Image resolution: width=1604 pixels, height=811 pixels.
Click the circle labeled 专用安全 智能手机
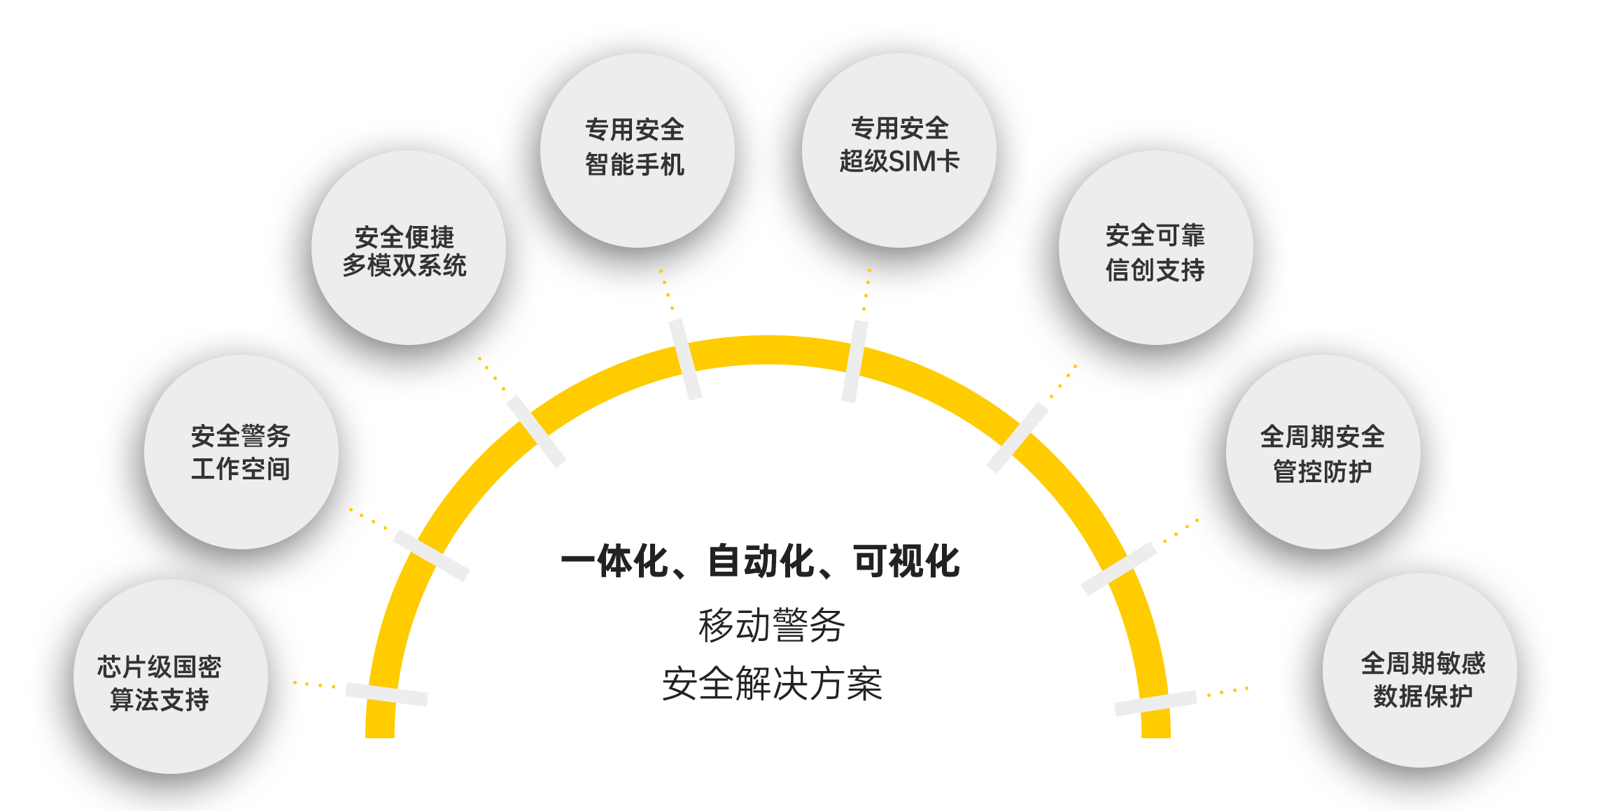point(637,150)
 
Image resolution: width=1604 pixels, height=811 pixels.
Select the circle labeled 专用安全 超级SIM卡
point(899,150)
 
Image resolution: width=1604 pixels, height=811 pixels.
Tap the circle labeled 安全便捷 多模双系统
point(408,247)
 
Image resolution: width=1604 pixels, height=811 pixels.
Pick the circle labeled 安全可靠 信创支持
point(1155,247)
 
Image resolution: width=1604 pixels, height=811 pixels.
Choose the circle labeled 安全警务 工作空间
point(241,451)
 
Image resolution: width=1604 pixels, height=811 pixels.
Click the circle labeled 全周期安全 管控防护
point(1323,451)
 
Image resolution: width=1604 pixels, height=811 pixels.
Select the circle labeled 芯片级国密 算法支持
point(170,676)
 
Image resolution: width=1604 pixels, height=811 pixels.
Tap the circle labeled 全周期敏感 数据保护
point(1419,670)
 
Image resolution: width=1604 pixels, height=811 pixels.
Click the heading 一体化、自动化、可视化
point(760,561)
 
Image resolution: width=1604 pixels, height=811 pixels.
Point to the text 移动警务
point(773,625)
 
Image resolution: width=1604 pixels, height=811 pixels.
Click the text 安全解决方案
point(773,683)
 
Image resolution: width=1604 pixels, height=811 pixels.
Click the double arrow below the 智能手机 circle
point(684,360)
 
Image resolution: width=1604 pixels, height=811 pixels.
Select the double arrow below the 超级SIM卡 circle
point(854,361)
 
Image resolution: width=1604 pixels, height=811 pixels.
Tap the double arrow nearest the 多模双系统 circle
point(536,431)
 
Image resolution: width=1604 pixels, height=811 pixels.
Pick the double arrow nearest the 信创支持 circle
point(1017,438)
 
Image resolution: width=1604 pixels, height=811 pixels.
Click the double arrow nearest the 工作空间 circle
point(431,555)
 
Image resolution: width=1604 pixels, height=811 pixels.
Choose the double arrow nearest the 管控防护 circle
point(1118,569)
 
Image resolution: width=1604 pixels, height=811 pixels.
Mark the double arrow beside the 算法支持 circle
point(386,694)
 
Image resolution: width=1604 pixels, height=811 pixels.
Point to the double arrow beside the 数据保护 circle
point(1155,703)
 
